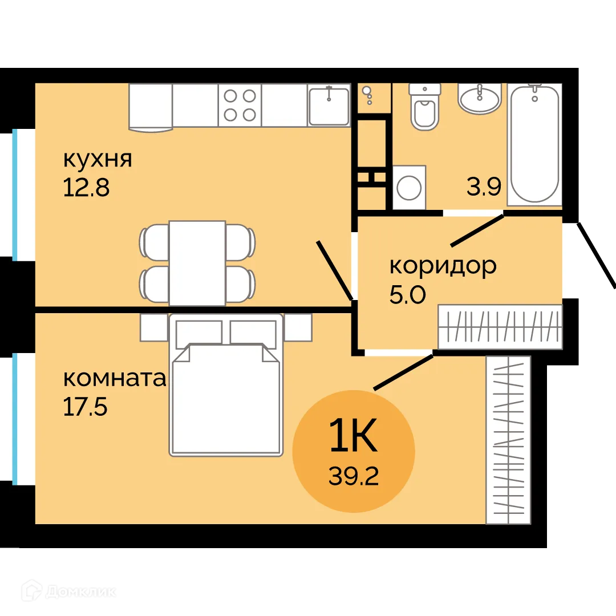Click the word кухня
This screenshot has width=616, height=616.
98,159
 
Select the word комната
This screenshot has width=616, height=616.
114,378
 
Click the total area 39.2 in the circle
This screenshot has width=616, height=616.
354,475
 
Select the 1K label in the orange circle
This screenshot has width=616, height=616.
354,437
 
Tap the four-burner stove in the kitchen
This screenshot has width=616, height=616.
240,105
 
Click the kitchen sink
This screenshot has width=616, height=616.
329,105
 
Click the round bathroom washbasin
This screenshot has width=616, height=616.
480,99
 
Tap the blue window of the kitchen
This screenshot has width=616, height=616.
15,194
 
